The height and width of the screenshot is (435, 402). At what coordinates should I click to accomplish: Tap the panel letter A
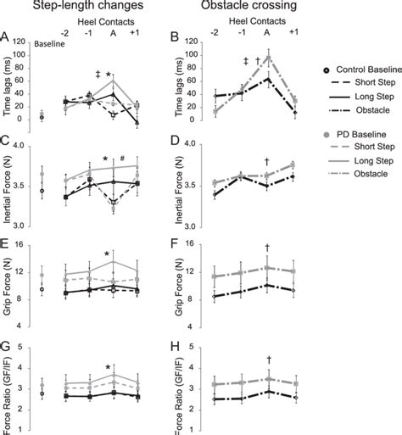click(x=7, y=36)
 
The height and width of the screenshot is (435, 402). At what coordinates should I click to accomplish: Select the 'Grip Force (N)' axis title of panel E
click(x=10, y=287)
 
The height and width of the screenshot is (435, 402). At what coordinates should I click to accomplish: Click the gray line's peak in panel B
click(x=268, y=57)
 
